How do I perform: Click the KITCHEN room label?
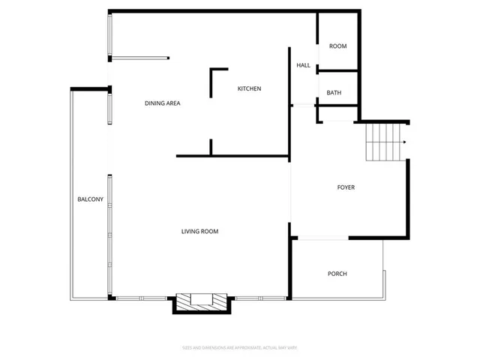pyautogui.click(x=249, y=89)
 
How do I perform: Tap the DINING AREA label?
pyautogui.click(x=163, y=103)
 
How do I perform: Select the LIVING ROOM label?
pyautogui.click(x=199, y=232)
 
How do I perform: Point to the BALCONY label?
pyautogui.click(x=90, y=199)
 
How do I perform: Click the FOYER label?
pyautogui.click(x=346, y=187)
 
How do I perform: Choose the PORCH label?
pyautogui.click(x=337, y=274)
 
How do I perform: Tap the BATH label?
pyautogui.click(x=334, y=93)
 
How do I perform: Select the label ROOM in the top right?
pyautogui.click(x=337, y=46)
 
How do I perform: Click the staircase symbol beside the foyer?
pyautogui.click(x=384, y=142)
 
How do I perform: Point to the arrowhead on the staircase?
pyautogui.click(x=403, y=142)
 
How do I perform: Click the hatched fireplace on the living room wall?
pyautogui.click(x=201, y=302)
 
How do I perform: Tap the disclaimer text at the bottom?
pyautogui.click(x=240, y=347)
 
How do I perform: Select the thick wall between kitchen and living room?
pyautogui.click(x=232, y=157)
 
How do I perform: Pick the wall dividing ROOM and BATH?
pyautogui.click(x=337, y=71)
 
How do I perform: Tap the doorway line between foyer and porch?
pyautogui.click(x=321, y=238)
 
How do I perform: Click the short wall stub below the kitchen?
pyautogui.click(x=211, y=148)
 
